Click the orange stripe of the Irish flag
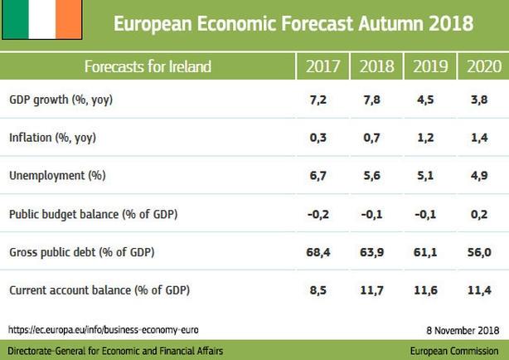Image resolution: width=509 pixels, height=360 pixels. tap(69, 19)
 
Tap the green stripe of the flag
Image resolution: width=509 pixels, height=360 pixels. tap(16, 19)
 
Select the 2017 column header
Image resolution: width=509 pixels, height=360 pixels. tap(322, 66)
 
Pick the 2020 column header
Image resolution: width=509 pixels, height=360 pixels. tap(484, 66)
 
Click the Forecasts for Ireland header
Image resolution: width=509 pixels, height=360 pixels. tap(148, 66)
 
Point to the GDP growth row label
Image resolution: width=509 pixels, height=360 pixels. tap(61, 100)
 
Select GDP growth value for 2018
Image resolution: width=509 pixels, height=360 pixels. tap(371, 100)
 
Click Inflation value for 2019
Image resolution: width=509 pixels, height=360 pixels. tap(425, 138)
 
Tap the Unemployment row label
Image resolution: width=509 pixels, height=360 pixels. tap(57, 176)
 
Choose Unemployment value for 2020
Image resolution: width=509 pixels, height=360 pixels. tap(479, 176)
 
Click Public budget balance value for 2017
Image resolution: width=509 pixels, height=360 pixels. tap(318, 214)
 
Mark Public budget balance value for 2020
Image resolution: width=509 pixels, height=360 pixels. tap(479, 214)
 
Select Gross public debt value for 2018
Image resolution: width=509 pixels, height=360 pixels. tap(371, 252)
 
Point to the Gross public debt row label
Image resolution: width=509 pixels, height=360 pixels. tap(82, 252)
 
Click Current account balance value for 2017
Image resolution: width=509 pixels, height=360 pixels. tap(318, 289)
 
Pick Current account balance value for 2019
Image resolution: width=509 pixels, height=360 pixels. tap(425, 289)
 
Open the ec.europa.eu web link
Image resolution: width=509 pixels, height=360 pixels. tap(104, 330)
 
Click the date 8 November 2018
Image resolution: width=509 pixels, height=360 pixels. tap(463, 330)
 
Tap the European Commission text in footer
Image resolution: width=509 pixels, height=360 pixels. tap(454, 351)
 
